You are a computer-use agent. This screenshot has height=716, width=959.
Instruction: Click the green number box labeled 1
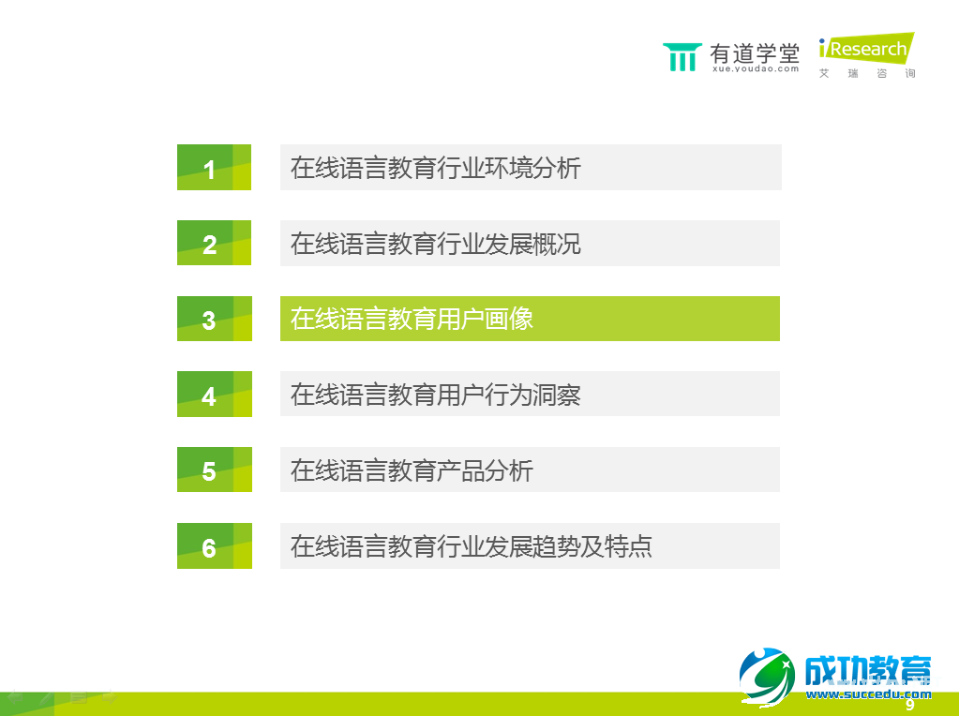[214, 168]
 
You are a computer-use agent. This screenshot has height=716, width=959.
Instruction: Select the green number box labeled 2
[214, 244]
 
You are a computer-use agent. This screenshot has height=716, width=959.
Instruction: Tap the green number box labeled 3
[214, 320]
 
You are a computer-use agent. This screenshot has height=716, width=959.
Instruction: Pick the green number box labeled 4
[214, 395]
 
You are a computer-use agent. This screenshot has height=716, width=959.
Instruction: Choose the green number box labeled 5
[214, 470]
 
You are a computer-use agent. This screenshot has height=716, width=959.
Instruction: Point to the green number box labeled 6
[214, 546]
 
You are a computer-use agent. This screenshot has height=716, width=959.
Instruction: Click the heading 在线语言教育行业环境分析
[436, 168]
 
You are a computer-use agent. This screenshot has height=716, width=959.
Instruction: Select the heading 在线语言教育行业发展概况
[436, 244]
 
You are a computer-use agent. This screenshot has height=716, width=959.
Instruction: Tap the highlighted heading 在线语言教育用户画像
[412, 319]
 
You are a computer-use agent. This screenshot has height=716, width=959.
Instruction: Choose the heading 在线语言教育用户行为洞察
[436, 395]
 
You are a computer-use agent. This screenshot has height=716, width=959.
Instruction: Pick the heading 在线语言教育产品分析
[412, 470]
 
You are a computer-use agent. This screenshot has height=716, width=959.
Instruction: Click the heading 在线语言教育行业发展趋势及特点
[472, 546]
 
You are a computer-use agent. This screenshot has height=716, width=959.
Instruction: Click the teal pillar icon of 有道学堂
[682, 56]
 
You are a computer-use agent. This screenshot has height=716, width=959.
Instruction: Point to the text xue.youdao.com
[756, 68]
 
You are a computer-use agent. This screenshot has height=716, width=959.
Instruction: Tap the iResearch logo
[865, 49]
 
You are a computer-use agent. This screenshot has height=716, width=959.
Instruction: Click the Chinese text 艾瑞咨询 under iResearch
[867, 73]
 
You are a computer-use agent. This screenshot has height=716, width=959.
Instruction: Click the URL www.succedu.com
[868, 694]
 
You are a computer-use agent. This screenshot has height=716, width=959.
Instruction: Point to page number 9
[909, 705]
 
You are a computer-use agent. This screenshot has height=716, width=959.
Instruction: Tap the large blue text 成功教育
[868, 670]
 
